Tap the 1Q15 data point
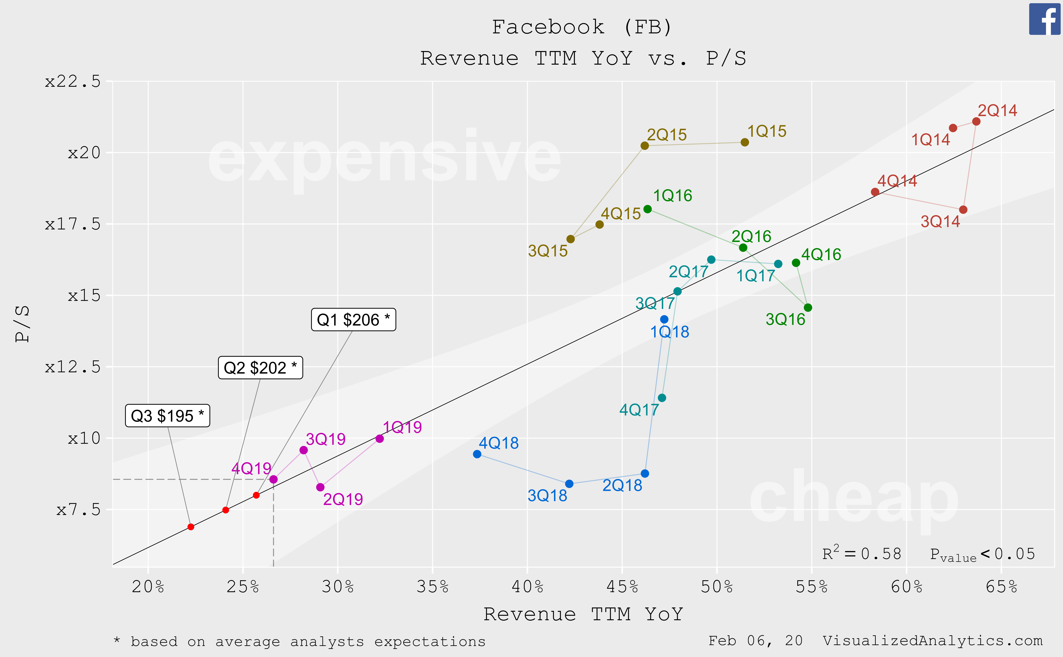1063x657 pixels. (x=745, y=142)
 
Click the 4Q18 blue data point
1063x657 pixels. (x=477, y=454)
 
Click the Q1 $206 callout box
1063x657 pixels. (x=353, y=320)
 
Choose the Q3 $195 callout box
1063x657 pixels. (x=167, y=416)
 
